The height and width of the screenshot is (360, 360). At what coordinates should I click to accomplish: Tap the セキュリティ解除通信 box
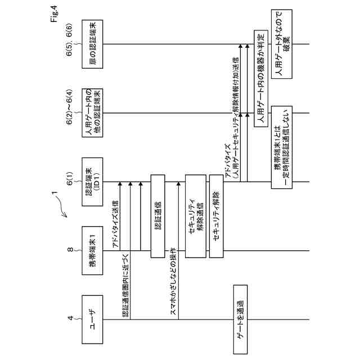point(195,216)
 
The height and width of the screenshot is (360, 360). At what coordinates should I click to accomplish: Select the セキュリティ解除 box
point(217,216)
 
